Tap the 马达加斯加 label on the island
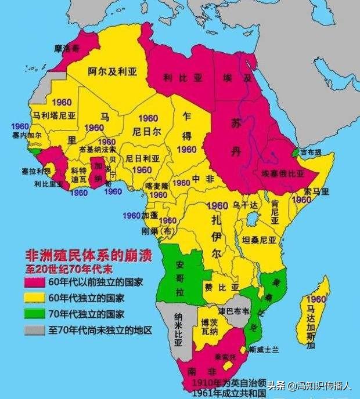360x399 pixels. pyautogui.click(x=311, y=325)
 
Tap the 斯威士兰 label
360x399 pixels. pyautogui.click(x=264, y=349)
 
